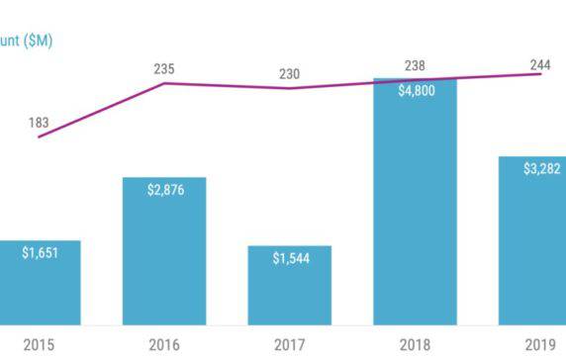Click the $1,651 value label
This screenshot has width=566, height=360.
[x=40, y=253]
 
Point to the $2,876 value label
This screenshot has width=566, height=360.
[x=164, y=189]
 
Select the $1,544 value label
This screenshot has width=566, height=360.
[x=290, y=258]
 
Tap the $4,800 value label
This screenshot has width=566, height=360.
[x=415, y=91]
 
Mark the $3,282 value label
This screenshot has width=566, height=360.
[x=540, y=168]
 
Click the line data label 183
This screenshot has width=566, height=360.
[x=39, y=124]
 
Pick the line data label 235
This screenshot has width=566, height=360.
[x=164, y=68]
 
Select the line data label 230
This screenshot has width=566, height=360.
[x=289, y=74]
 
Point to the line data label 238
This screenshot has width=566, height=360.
[x=415, y=66]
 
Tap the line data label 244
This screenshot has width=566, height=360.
[x=540, y=65]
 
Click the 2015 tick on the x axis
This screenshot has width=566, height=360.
[x=40, y=344]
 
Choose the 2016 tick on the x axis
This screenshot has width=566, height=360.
[x=164, y=344]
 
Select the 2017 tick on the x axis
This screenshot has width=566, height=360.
[x=289, y=344]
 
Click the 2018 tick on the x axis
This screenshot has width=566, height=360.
[x=415, y=344]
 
